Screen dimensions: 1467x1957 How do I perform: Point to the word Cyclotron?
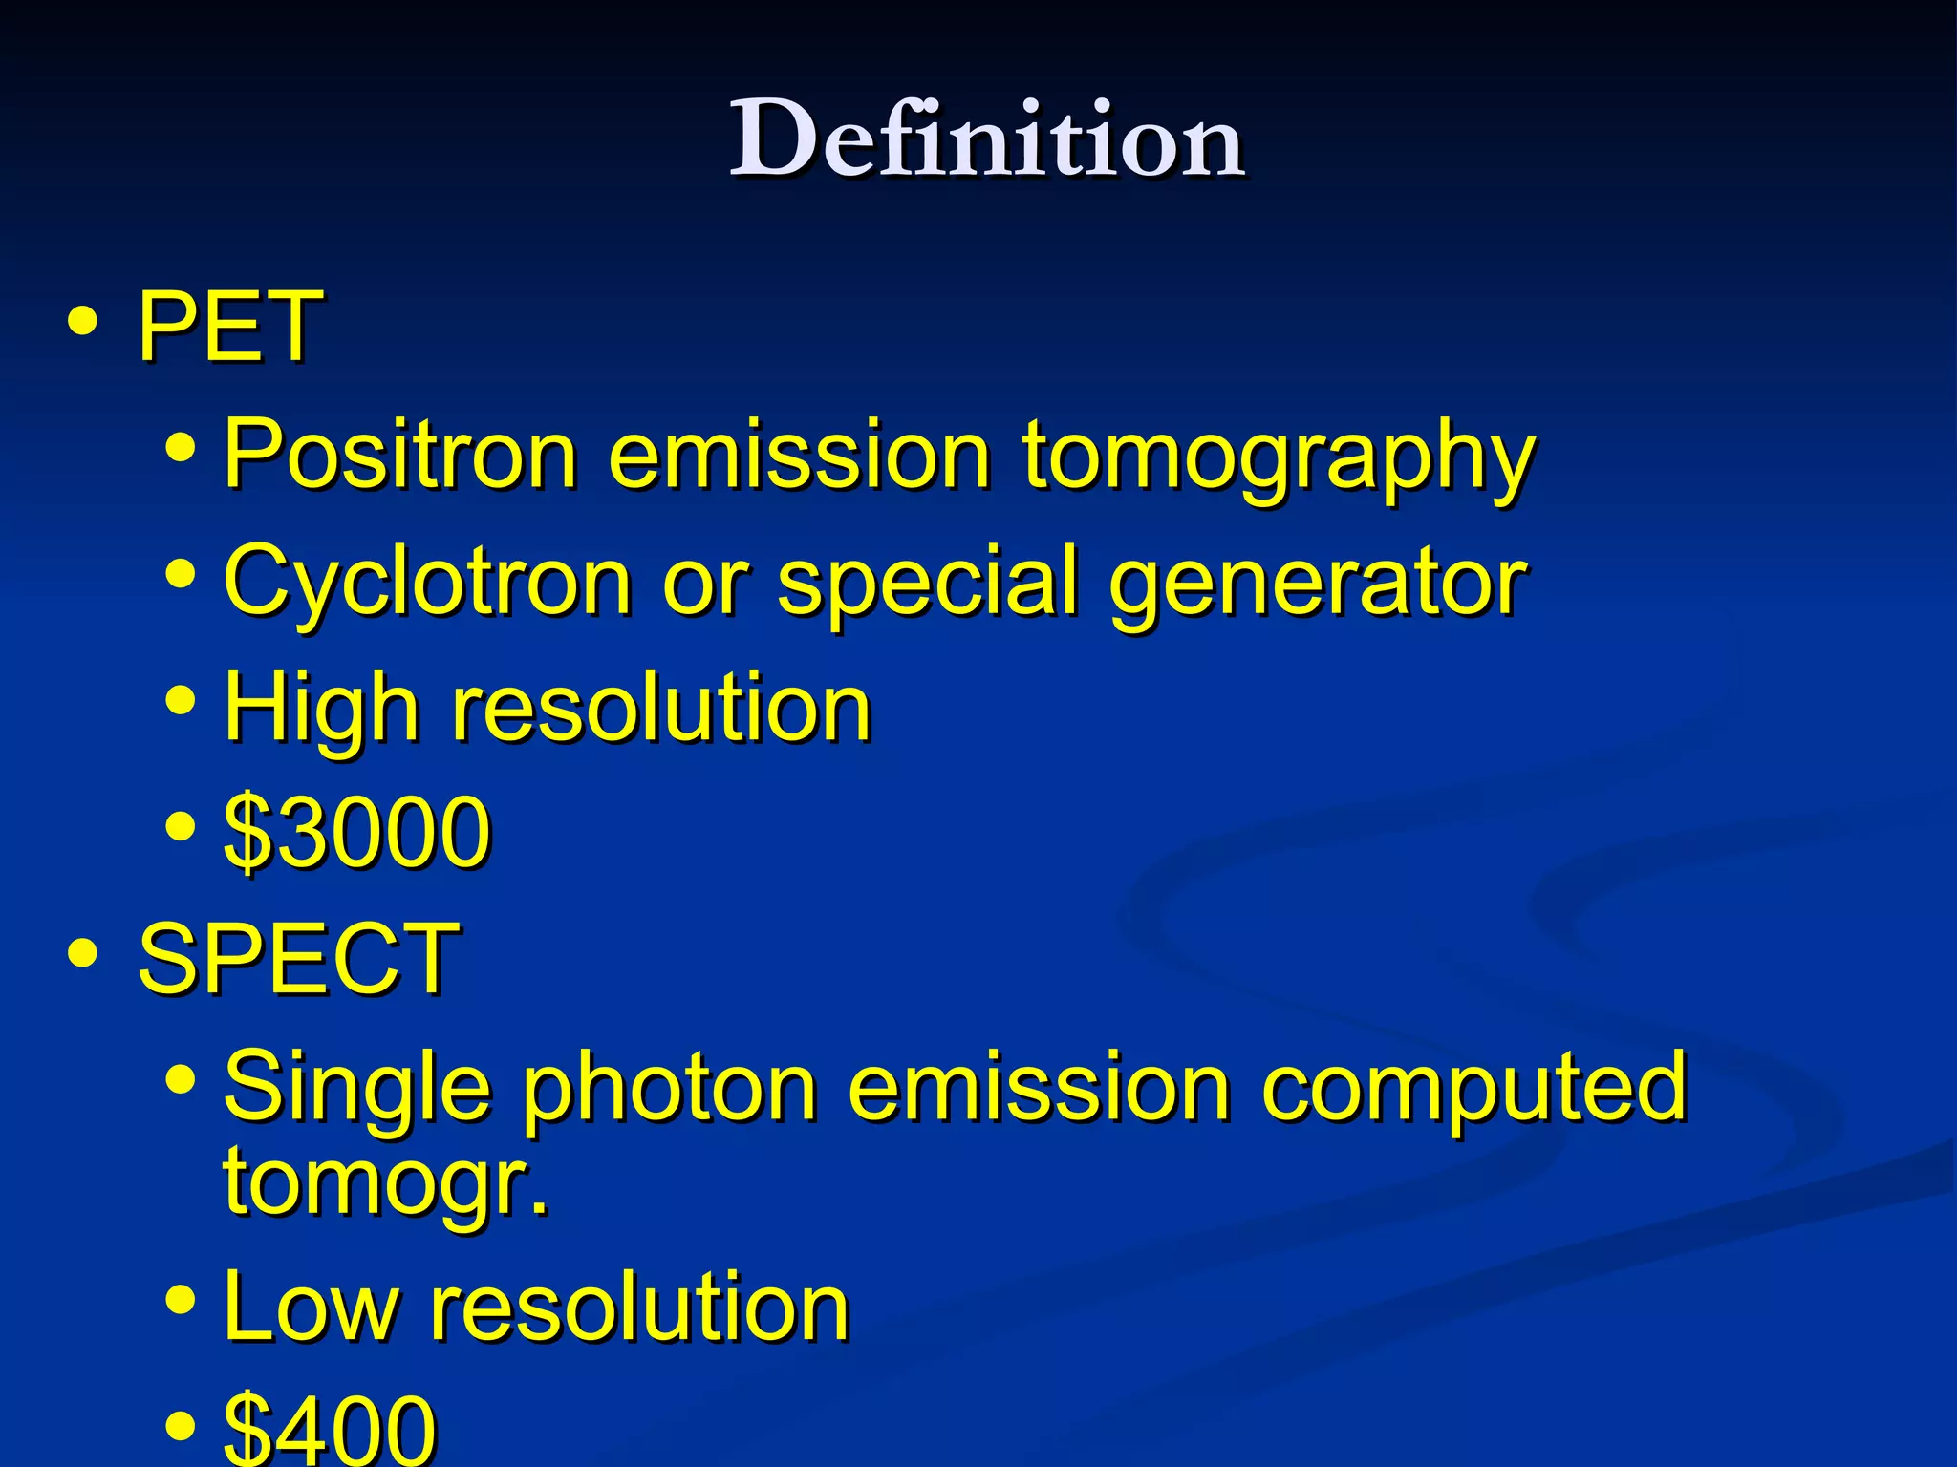pyautogui.click(x=427, y=581)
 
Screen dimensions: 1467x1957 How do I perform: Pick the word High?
pyautogui.click(x=321, y=709)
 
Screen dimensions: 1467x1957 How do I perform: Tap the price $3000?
pyautogui.click(x=356, y=832)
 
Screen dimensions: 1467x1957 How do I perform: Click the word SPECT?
pyautogui.click(x=298, y=958)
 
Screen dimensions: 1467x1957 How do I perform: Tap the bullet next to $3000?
pyautogui.click(x=180, y=826)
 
